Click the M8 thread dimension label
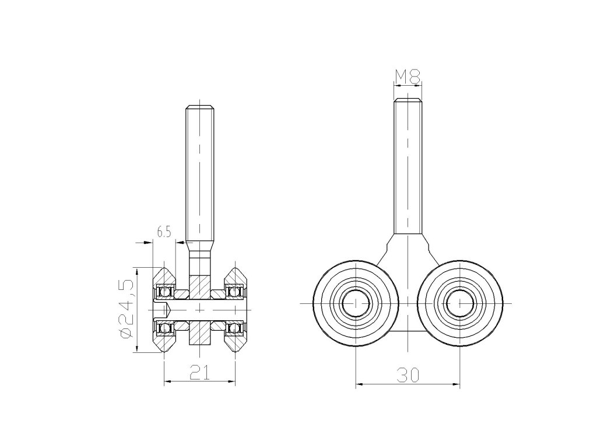(408, 75)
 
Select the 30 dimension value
(408, 375)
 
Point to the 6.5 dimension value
(164, 232)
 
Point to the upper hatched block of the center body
(199, 286)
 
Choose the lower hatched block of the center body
(199, 331)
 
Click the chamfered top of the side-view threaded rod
(200, 107)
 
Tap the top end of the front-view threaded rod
(408, 101)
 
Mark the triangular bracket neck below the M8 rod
(408, 248)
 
